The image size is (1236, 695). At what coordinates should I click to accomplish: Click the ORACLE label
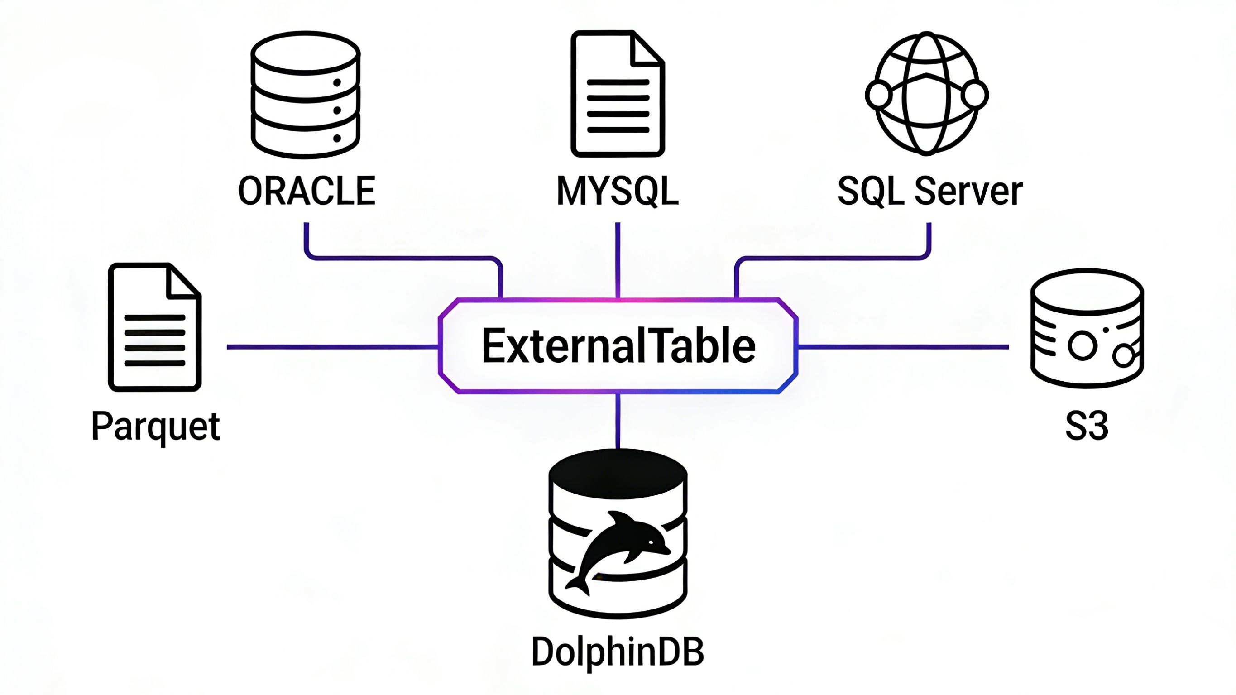[306, 191]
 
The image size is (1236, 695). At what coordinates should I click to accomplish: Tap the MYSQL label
[618, 191]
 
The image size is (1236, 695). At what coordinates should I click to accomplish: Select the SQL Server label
[930, 191]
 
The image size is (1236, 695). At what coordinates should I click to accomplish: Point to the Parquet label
[155, 426]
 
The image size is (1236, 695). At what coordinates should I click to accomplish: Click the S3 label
[1087, 426]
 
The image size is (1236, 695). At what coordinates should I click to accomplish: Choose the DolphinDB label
[618, 652]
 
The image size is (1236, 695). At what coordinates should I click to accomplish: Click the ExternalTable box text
[618, 346]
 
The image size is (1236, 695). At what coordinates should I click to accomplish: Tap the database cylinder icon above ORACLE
[306, 95]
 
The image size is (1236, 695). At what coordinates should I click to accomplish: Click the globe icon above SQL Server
[926, 94]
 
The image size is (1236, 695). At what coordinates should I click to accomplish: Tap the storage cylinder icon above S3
[1087, 328]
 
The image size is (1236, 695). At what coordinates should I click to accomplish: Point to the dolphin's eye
[651, 543]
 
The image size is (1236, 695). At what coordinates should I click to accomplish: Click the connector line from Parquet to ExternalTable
[331, 346]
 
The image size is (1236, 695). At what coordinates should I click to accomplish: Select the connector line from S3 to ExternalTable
[902, 346]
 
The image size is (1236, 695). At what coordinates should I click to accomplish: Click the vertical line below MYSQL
[618, 259]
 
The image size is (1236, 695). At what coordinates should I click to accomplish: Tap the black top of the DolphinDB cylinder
[618, 473]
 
